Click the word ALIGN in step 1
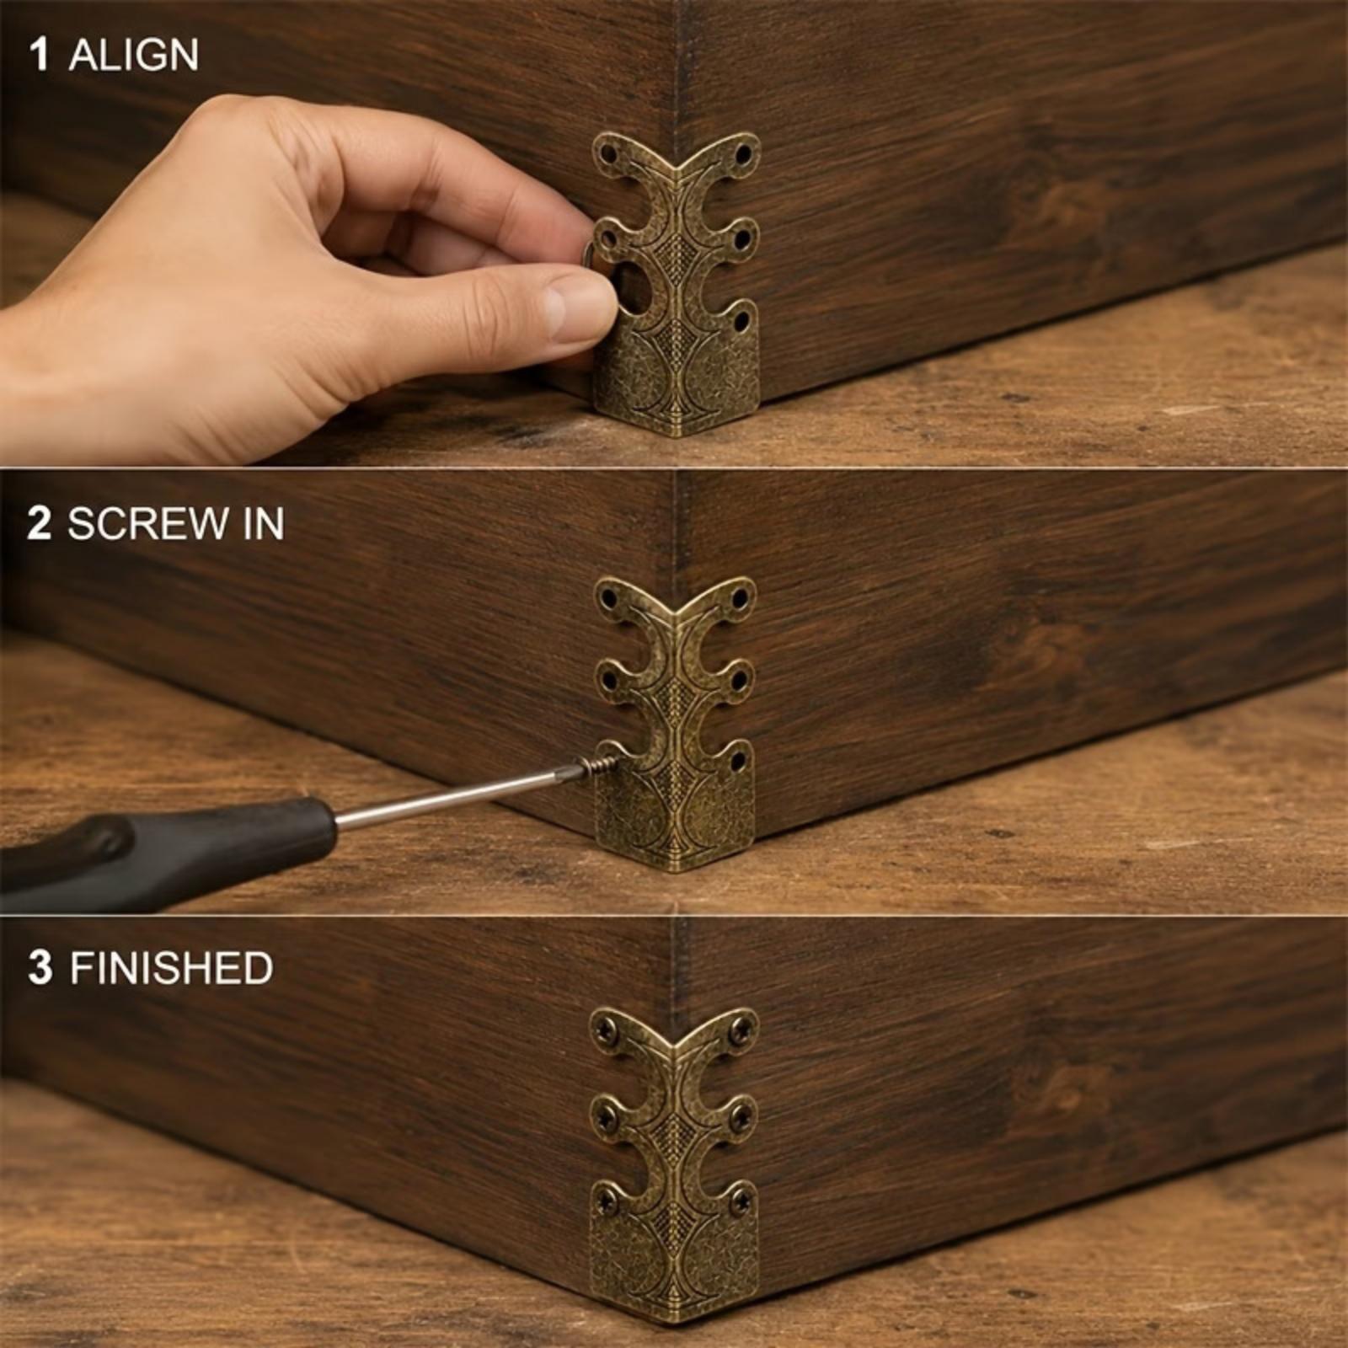pyautogui.click(x=133, y=56)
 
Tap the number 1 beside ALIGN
pyautogui.click(x=39, y=56)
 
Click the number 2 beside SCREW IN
pyautogui.click(x=40, y=524)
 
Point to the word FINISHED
pyautogui.click(x=171, y=968)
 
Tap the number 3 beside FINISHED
pyautogui.click(x=40, y=968)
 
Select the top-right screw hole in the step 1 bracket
pyautogui.click(x=744, y=155)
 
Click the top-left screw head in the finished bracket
pyautogui.click(x=607, y=1028)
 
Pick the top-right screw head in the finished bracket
pyautogui.click(x=742, y=1029)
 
